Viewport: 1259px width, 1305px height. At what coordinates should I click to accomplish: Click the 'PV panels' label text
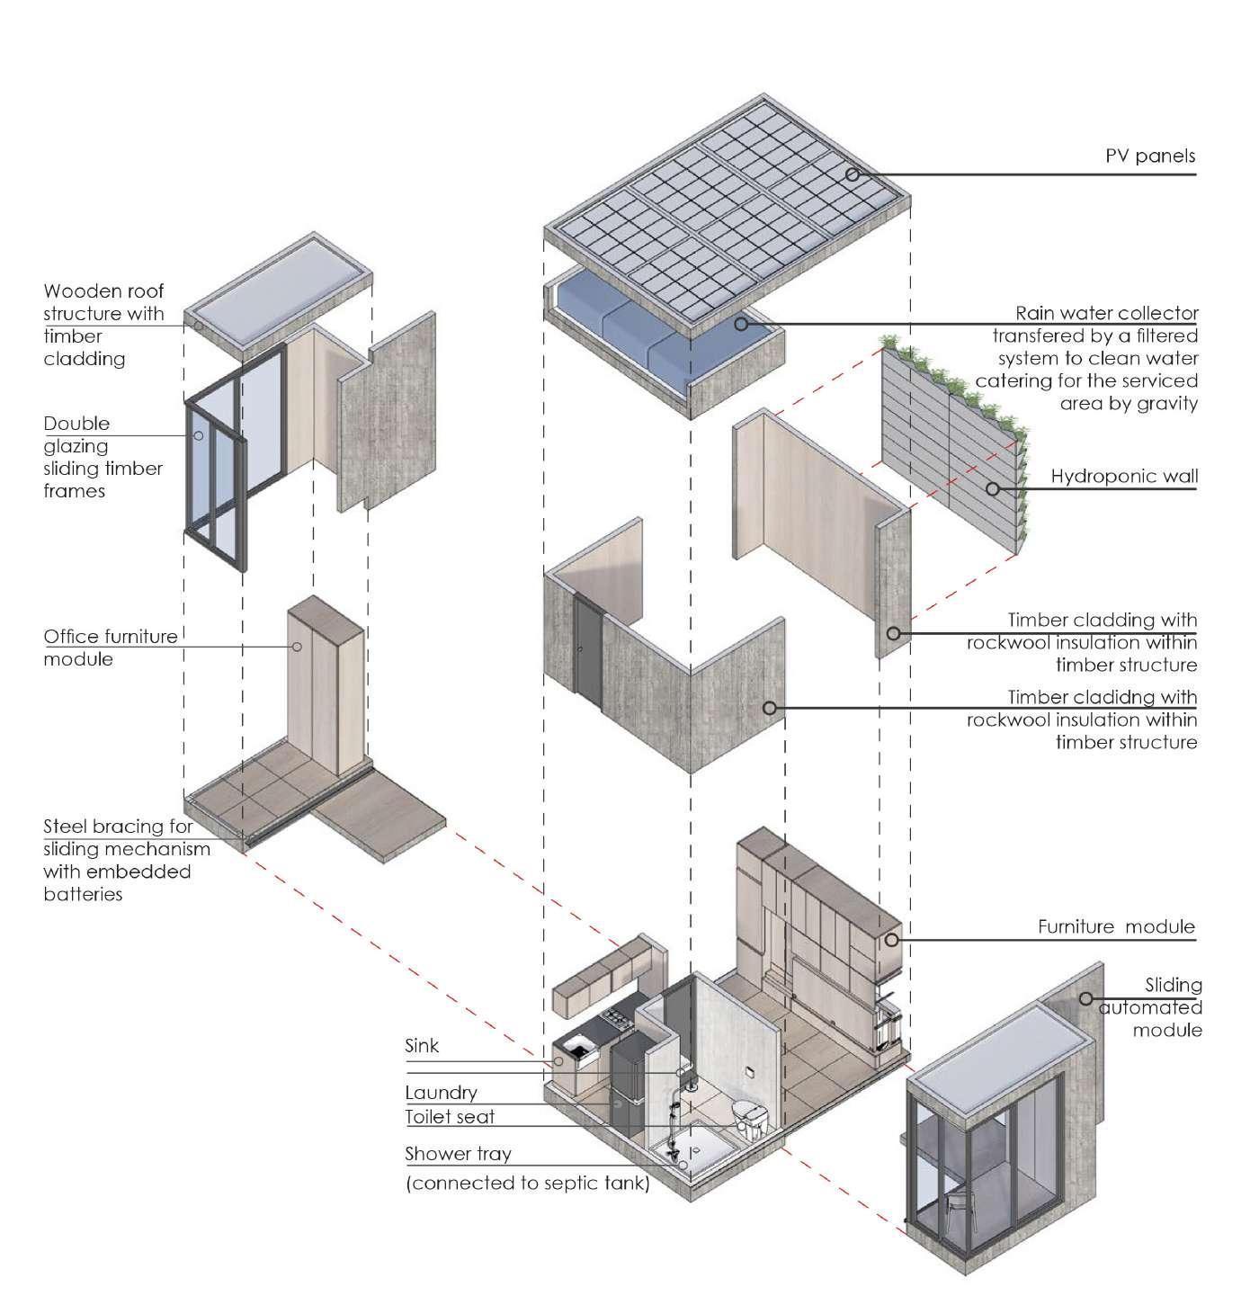coord(1150,156)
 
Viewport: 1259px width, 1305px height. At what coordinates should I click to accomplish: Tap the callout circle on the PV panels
coord(852,175)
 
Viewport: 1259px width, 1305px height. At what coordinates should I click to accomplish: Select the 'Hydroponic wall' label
coord(1124,476)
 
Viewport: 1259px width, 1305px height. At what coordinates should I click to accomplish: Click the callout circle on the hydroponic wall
coord(993,489)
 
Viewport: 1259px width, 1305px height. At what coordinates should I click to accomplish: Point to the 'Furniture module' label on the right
coord(1116,926)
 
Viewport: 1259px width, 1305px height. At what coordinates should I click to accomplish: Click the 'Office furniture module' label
coord(111,648)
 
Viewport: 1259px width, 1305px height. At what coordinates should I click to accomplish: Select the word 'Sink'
coord(422,1046)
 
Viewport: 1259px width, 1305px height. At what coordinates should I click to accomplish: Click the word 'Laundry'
coord(441,1093)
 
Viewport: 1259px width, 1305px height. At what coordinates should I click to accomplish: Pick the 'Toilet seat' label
coord(450,1117)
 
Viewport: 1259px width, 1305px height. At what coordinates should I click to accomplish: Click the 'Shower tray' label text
coord(458,1154)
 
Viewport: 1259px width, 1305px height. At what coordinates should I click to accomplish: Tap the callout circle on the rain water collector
coord(741,323)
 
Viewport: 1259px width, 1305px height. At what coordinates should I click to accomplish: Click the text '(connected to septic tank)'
coord(527,1184)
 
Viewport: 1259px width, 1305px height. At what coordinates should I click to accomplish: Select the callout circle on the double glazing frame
coord(199,436)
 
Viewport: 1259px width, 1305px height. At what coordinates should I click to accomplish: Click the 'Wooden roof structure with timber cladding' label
coord(104,325)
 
